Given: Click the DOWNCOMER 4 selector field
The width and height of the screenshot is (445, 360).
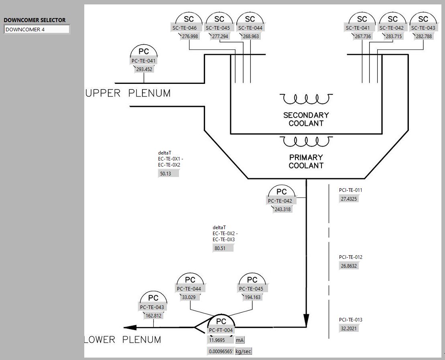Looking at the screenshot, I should pyautogui.click(x=37, y=29).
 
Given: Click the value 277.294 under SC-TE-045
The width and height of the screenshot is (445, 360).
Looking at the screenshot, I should pyautogui.click(x=220, y=36).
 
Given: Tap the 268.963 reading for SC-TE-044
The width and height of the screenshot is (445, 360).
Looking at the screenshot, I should pyautogui.click(x=251, y=36).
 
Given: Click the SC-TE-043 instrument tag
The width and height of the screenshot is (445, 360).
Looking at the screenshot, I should pyautogui.click(x=423, y=28).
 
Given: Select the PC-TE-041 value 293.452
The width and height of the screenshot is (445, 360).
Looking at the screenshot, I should pyautogui.click(x=144, y=69).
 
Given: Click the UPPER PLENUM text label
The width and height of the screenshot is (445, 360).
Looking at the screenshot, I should pyautogui.click(x=128, y=94).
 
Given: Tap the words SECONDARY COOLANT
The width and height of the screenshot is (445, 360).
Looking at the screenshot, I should pyautogui.click(x=306, y=119).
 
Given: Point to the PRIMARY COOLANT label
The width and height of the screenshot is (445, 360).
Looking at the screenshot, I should pyautogui.click(x=306, y=161).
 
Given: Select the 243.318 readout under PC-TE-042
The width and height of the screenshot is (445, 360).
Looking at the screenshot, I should pyautogui.click(x=282, y=209).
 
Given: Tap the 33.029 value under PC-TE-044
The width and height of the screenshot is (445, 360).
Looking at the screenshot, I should pyautogui.click(x=189, y=297).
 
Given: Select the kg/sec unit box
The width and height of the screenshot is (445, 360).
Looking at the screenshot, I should pyautogui.click(x=244, y=351).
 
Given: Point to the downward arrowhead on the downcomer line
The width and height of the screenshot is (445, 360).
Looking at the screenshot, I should pyautogui.click(x=306, y=319).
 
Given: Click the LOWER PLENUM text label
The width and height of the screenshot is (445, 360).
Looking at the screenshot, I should pyautogui.click(x=123, y=340).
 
